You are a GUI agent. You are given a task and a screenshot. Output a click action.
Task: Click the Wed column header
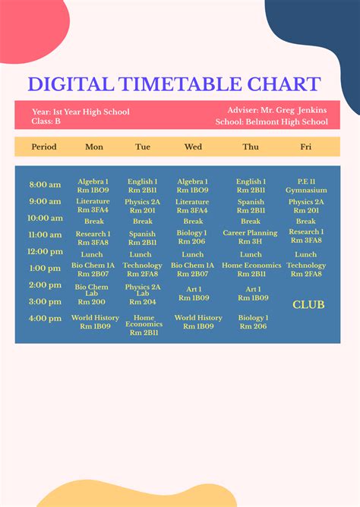pos(193,146)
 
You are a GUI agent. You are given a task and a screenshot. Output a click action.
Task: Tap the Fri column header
pos(305,146)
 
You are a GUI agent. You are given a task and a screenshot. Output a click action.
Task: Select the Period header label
pos(44,146)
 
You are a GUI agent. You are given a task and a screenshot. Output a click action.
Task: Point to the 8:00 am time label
pos(45,184)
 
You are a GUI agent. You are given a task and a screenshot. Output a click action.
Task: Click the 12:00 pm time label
pos(45,251)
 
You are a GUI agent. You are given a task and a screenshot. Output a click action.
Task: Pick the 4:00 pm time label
pos(45,318)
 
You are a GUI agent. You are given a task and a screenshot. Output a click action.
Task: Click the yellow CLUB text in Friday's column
pos(308,304)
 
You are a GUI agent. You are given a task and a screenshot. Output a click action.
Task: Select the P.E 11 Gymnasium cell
pos(306,186)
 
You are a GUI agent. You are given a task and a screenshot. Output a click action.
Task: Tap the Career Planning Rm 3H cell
pos(251,238)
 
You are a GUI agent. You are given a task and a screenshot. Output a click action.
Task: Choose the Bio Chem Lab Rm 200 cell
pos(92,294)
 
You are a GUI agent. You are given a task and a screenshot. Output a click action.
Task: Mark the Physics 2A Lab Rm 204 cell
pos(143,294)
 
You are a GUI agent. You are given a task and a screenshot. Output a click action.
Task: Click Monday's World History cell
pos(95,322)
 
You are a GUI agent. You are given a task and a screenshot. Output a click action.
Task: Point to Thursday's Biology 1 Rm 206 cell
pos(253,322)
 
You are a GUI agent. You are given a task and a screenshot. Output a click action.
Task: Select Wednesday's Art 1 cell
pos(193,294)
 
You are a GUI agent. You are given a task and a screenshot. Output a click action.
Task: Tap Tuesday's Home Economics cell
pos(144,326)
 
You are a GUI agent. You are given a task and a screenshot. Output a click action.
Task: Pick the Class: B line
pos(46,121)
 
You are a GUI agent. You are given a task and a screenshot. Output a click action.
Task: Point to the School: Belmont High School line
pos(272,121)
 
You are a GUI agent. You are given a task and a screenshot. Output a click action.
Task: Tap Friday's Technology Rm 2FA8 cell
pos(306,269)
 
